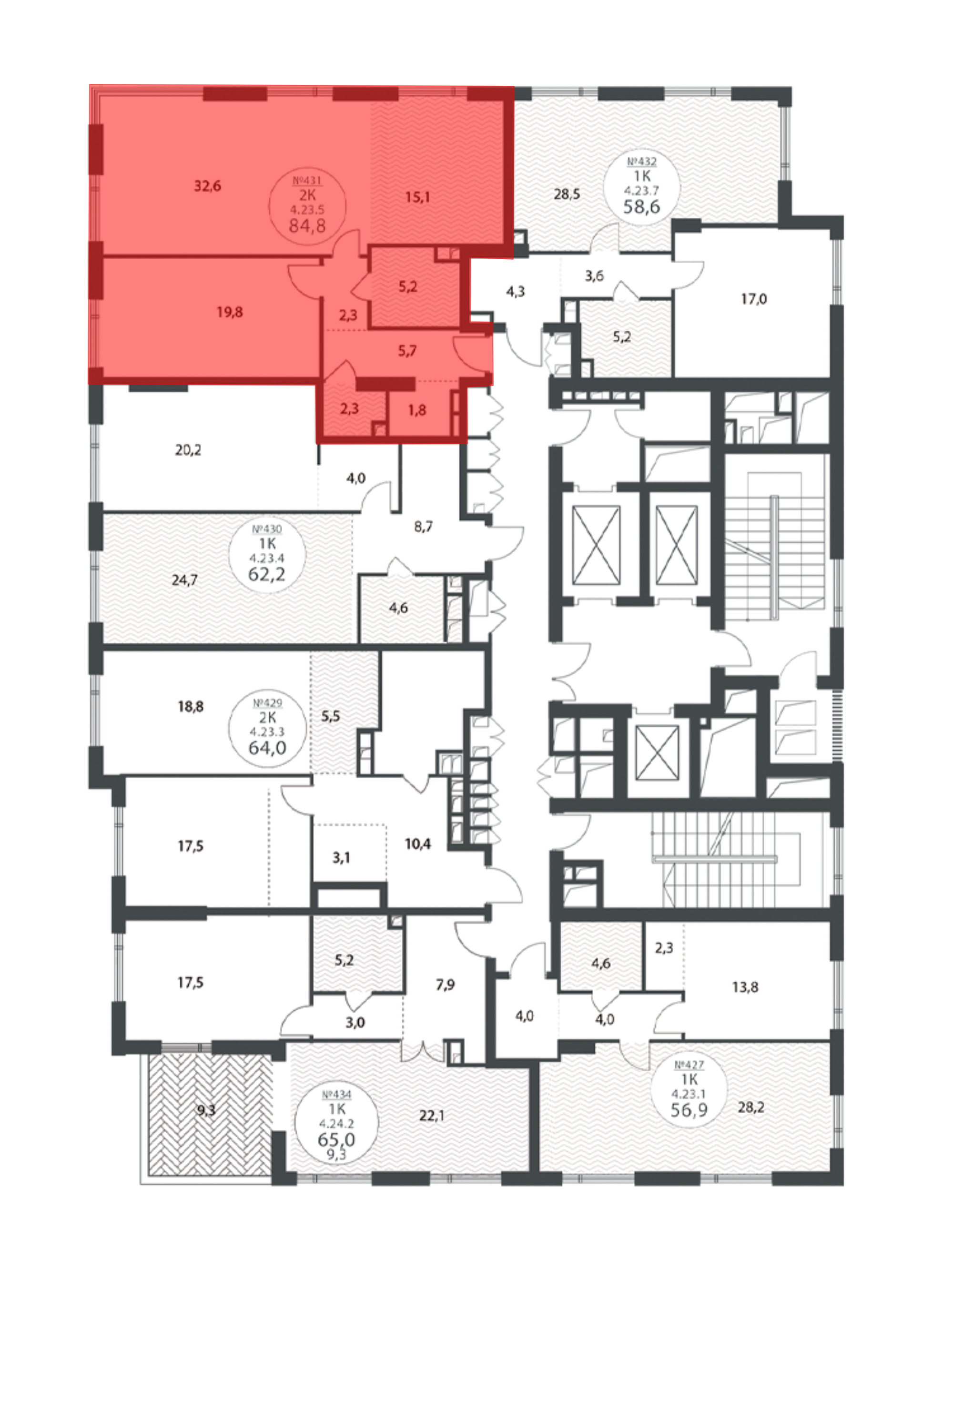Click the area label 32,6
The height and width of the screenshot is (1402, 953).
pos(207,186)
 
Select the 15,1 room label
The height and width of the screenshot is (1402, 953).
pos(417,197)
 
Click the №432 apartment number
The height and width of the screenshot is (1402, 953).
pos(642,162)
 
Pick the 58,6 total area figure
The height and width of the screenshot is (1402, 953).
pos(642,206)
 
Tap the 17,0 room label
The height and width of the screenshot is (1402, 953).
pos(753,299)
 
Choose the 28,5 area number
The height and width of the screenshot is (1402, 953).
pos(567,194)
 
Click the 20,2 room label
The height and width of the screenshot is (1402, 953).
pos(188,449)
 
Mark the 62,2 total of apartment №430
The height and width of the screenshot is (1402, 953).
pos(266,574)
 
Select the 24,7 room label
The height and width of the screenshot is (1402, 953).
pos(184,580)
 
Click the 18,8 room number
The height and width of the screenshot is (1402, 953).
pos(190,706)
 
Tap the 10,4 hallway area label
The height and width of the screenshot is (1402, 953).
pos(417,844)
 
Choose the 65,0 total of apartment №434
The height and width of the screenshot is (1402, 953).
pos(336,1139)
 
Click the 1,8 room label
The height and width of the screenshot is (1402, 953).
pos(417,410)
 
